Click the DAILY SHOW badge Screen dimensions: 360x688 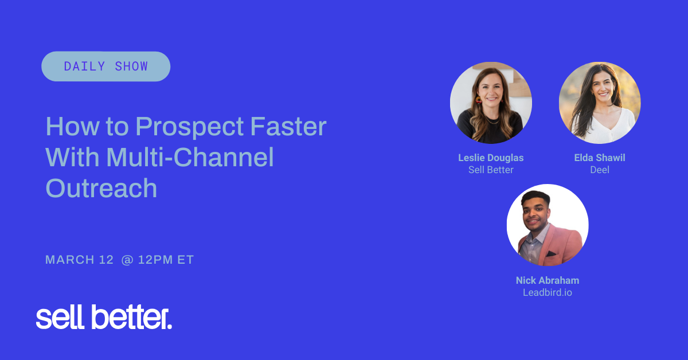click(x=105, y=66)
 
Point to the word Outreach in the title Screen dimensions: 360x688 click(x=101, y=188)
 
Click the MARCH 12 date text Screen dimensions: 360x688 click(x=80, y=260)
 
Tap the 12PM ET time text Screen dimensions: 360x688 click(x=166, y=260)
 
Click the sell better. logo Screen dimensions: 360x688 click(x=104, y=318)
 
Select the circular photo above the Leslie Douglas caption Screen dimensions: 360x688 click(x=491, y=103)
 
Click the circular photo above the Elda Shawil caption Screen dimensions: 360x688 click(x=600, y=103)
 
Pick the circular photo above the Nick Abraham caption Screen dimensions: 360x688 click(x=548, y=225)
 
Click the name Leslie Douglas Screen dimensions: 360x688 click(x=491, y=158)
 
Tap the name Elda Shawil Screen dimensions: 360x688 click(x=600, y=158)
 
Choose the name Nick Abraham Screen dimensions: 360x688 click(x=548, y=280)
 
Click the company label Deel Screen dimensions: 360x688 click(x=600, y=170)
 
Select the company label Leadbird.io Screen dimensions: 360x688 click(x=548, y=292)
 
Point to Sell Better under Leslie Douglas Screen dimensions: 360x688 click(x=491, y=170)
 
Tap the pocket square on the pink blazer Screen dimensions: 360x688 click(x=551, y=253)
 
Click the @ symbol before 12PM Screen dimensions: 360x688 click(x=127, y=260)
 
